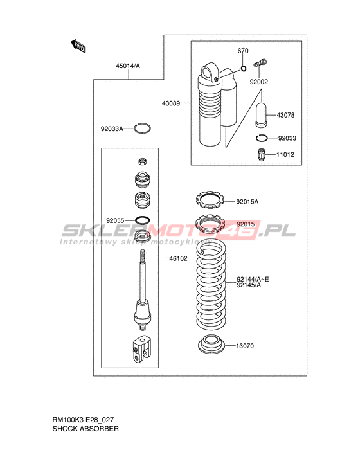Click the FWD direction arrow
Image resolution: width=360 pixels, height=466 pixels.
point(78,46)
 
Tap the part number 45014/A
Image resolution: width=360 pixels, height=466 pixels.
point(128,66)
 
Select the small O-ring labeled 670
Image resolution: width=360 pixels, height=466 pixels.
point(244,69)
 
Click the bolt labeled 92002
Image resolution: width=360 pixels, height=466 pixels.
point(260,64)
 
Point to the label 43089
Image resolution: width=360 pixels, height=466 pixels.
point(171,103)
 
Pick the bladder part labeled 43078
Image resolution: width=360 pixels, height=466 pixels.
point(261,115)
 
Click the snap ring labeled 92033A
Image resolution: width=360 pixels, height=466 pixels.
point(142,129)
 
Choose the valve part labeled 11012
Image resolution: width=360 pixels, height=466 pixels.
point(261,155)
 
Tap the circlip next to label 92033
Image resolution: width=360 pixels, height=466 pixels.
point(262,138)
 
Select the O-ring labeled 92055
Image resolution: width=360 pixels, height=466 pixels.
point(143,220)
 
